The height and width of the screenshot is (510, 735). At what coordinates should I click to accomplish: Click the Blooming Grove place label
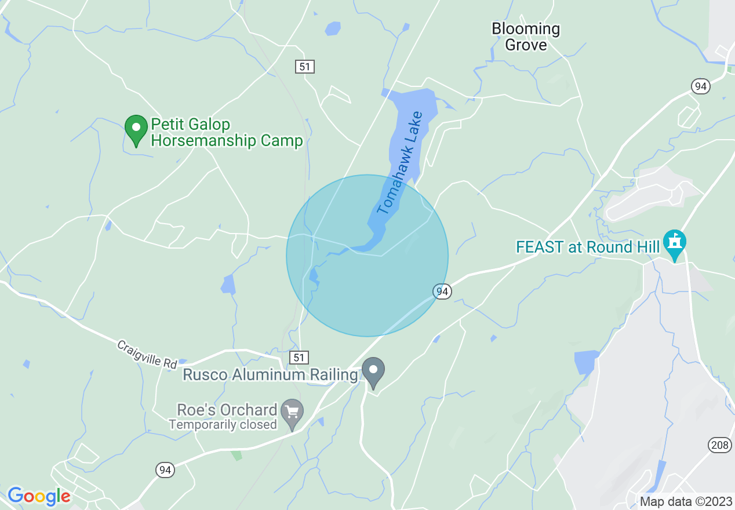pos(526,37)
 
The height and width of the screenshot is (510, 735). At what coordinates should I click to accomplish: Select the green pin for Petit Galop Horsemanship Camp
pos(136,130)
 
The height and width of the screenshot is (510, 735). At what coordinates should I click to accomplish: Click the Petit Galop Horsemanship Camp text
pos(227,133)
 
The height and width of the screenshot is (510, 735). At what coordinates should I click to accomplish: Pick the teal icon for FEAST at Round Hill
pos(675,243)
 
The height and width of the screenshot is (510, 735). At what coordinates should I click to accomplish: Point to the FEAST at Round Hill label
pos(588,247)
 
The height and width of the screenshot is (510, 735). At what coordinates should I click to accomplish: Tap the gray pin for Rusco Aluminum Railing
pos(373,371)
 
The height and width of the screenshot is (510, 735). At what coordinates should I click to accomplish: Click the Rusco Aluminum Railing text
pos(270,375)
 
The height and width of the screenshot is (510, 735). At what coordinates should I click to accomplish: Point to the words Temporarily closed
pos(223,425)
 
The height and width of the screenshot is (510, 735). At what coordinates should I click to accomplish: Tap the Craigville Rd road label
pos(147,354)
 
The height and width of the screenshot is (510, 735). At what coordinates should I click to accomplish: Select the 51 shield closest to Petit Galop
pos(304,67)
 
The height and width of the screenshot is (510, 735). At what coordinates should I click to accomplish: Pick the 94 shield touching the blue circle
pos(442,292)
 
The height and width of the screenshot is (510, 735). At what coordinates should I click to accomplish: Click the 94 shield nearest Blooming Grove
pos(701,86)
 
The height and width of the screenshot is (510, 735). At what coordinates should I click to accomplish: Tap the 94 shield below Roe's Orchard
pos(165,470)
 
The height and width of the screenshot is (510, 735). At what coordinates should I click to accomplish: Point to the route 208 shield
pos(718,445)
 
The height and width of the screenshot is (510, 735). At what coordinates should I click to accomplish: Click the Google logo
pos(39,497)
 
